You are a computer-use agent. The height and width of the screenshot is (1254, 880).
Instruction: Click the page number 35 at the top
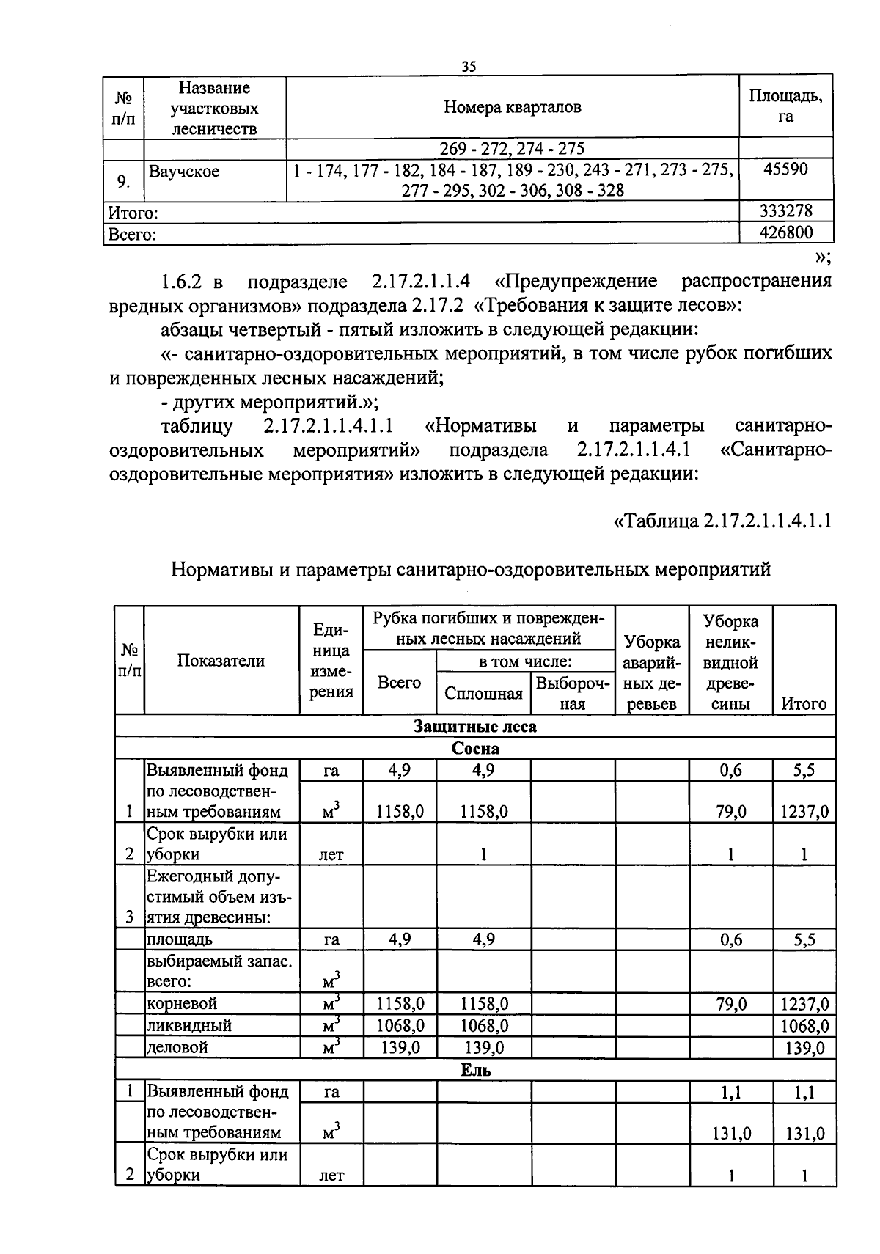click(469, 67)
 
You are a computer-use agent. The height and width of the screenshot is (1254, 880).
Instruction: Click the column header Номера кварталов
click(512, 107)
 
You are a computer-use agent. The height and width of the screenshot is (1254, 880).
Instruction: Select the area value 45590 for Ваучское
click(785, 169)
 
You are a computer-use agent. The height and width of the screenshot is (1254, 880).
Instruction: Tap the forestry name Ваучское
click(184, 172)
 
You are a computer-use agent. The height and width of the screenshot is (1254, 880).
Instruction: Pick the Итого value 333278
click(785, 212)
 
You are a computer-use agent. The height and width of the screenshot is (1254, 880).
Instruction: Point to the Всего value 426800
click(785, 234)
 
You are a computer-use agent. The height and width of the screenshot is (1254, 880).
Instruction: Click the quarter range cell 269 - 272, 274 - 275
click(512, 149)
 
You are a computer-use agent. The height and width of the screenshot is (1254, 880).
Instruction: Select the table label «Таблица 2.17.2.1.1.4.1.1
click(722, 521)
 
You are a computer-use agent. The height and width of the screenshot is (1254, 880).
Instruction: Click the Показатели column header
click(221, 660)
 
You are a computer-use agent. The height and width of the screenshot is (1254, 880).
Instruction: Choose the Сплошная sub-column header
click(483, 694)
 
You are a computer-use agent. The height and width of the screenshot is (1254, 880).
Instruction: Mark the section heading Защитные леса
click(474, 727)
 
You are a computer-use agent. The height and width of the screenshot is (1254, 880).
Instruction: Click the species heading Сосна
click(474, 749)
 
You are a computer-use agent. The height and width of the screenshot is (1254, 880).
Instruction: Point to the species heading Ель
click(475, 1070)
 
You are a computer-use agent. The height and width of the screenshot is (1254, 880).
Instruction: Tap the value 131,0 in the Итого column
click(804, 1134)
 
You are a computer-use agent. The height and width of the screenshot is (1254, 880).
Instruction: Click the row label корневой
click(182, 1003)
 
